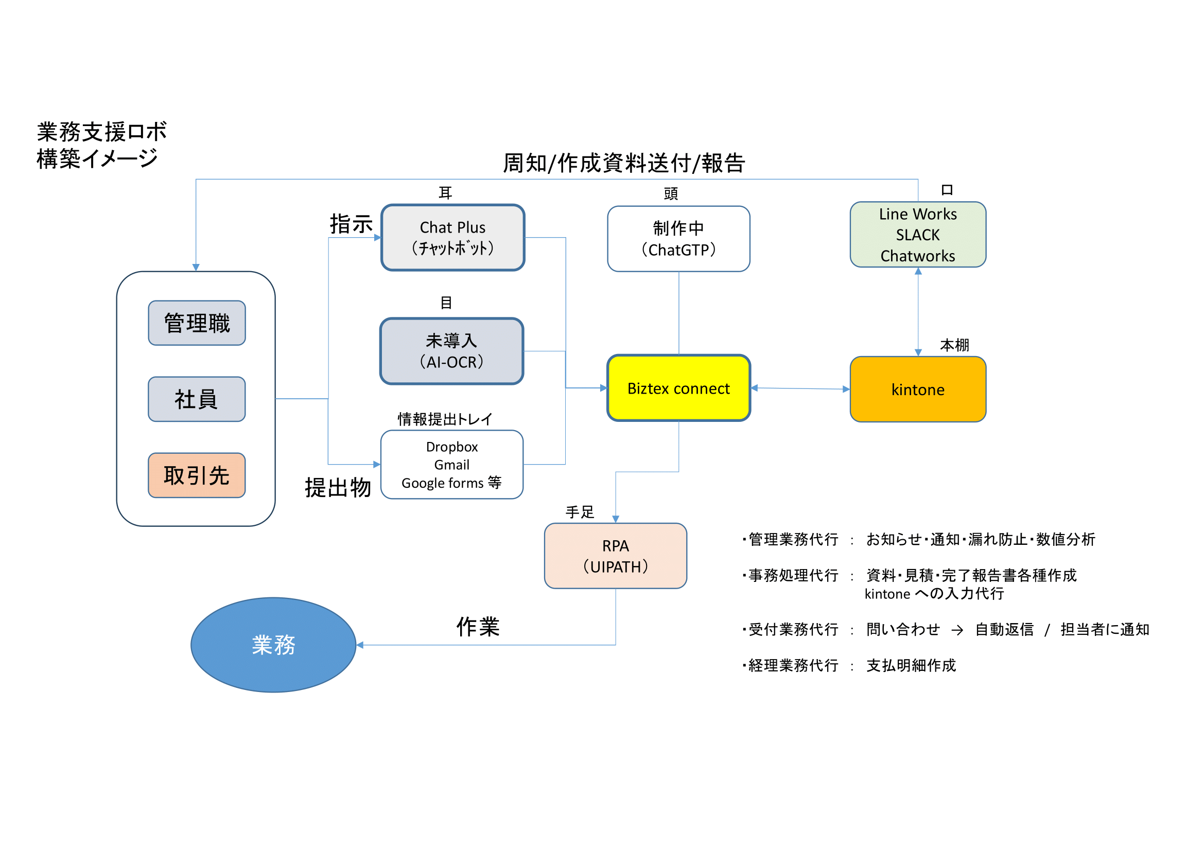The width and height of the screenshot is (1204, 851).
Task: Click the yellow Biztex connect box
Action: [678, 388]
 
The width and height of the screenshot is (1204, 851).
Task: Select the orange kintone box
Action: [918, 389]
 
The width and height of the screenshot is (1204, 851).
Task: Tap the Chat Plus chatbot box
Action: [452, 237]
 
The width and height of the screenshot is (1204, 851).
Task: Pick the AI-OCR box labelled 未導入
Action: [451, 351]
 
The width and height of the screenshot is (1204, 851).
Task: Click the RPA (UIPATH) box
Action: [615, 556]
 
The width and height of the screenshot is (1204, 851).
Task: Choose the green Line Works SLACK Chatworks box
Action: [918, 235]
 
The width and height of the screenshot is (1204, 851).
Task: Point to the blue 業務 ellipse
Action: [273, 645]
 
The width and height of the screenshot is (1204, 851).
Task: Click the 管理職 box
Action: [197, 323]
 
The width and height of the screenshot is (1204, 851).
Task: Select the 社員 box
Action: [197, 399]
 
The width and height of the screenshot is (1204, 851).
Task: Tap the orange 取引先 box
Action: [197, 475]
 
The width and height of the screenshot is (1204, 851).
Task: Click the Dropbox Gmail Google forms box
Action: [451, 465]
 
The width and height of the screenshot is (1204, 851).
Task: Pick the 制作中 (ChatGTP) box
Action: [678, 239]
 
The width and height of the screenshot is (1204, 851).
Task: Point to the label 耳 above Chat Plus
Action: [445, 193]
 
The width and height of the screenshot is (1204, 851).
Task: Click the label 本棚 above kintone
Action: [954, 345]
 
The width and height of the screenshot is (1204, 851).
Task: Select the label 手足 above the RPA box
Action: [580, 512]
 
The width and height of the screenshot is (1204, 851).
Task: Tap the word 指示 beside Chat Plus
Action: [351, 224]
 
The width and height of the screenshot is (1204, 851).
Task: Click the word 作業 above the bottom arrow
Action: [478, 627]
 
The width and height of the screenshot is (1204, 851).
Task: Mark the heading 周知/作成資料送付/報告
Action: [623, 163]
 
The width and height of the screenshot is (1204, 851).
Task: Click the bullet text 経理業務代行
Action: [793, 665]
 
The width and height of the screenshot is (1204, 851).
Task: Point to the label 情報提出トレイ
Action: [445, 419]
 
